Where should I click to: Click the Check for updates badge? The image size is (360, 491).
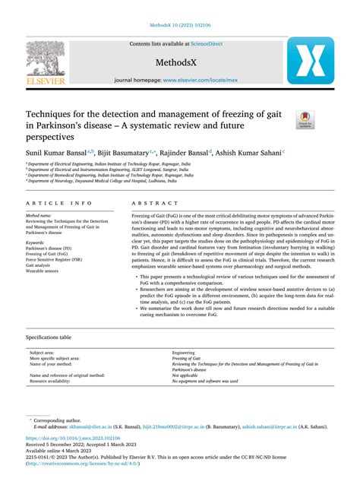305,117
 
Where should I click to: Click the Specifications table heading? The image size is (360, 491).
49,336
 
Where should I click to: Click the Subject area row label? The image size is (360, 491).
42,353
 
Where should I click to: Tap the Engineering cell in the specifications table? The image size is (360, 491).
184,353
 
